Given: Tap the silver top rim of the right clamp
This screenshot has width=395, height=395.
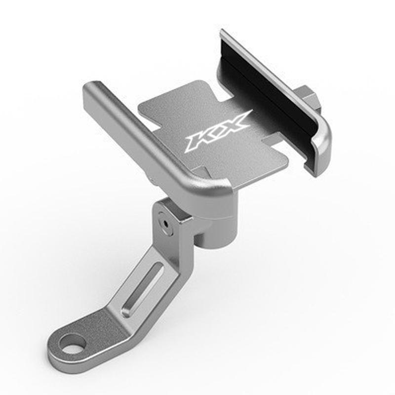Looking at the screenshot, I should (276, 74).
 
